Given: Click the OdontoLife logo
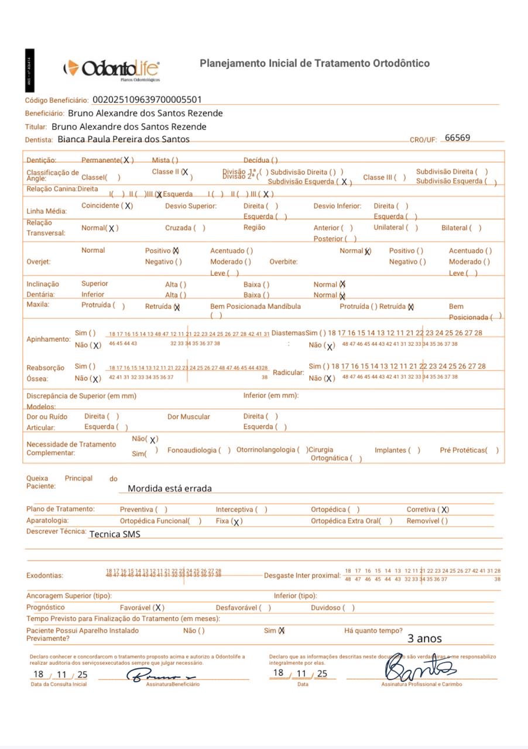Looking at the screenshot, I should tap(112, 68).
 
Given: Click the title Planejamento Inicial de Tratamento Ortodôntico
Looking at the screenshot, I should tap(315, 63).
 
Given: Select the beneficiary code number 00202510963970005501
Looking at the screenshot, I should tap(147, 100).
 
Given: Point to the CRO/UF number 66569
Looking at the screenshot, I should tap(457, 138).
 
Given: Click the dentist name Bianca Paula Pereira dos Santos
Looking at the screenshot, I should tap(124, 139).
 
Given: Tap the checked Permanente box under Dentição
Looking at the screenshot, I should tap(126, 160).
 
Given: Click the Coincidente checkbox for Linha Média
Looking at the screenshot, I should tap(128, 206).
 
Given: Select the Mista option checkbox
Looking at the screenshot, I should tap(175, 160).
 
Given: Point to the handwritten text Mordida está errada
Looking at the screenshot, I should tap(170, 489).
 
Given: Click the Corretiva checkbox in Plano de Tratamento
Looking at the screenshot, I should tap(445, 510).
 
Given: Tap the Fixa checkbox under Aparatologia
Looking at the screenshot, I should tap(236, 521).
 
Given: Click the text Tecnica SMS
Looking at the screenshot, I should tap(115, 534).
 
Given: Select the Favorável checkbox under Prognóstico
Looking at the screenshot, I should tap(159, 608).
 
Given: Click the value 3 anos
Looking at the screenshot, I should tap(424, 638).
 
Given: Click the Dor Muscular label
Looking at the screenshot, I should tap(188, 417).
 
